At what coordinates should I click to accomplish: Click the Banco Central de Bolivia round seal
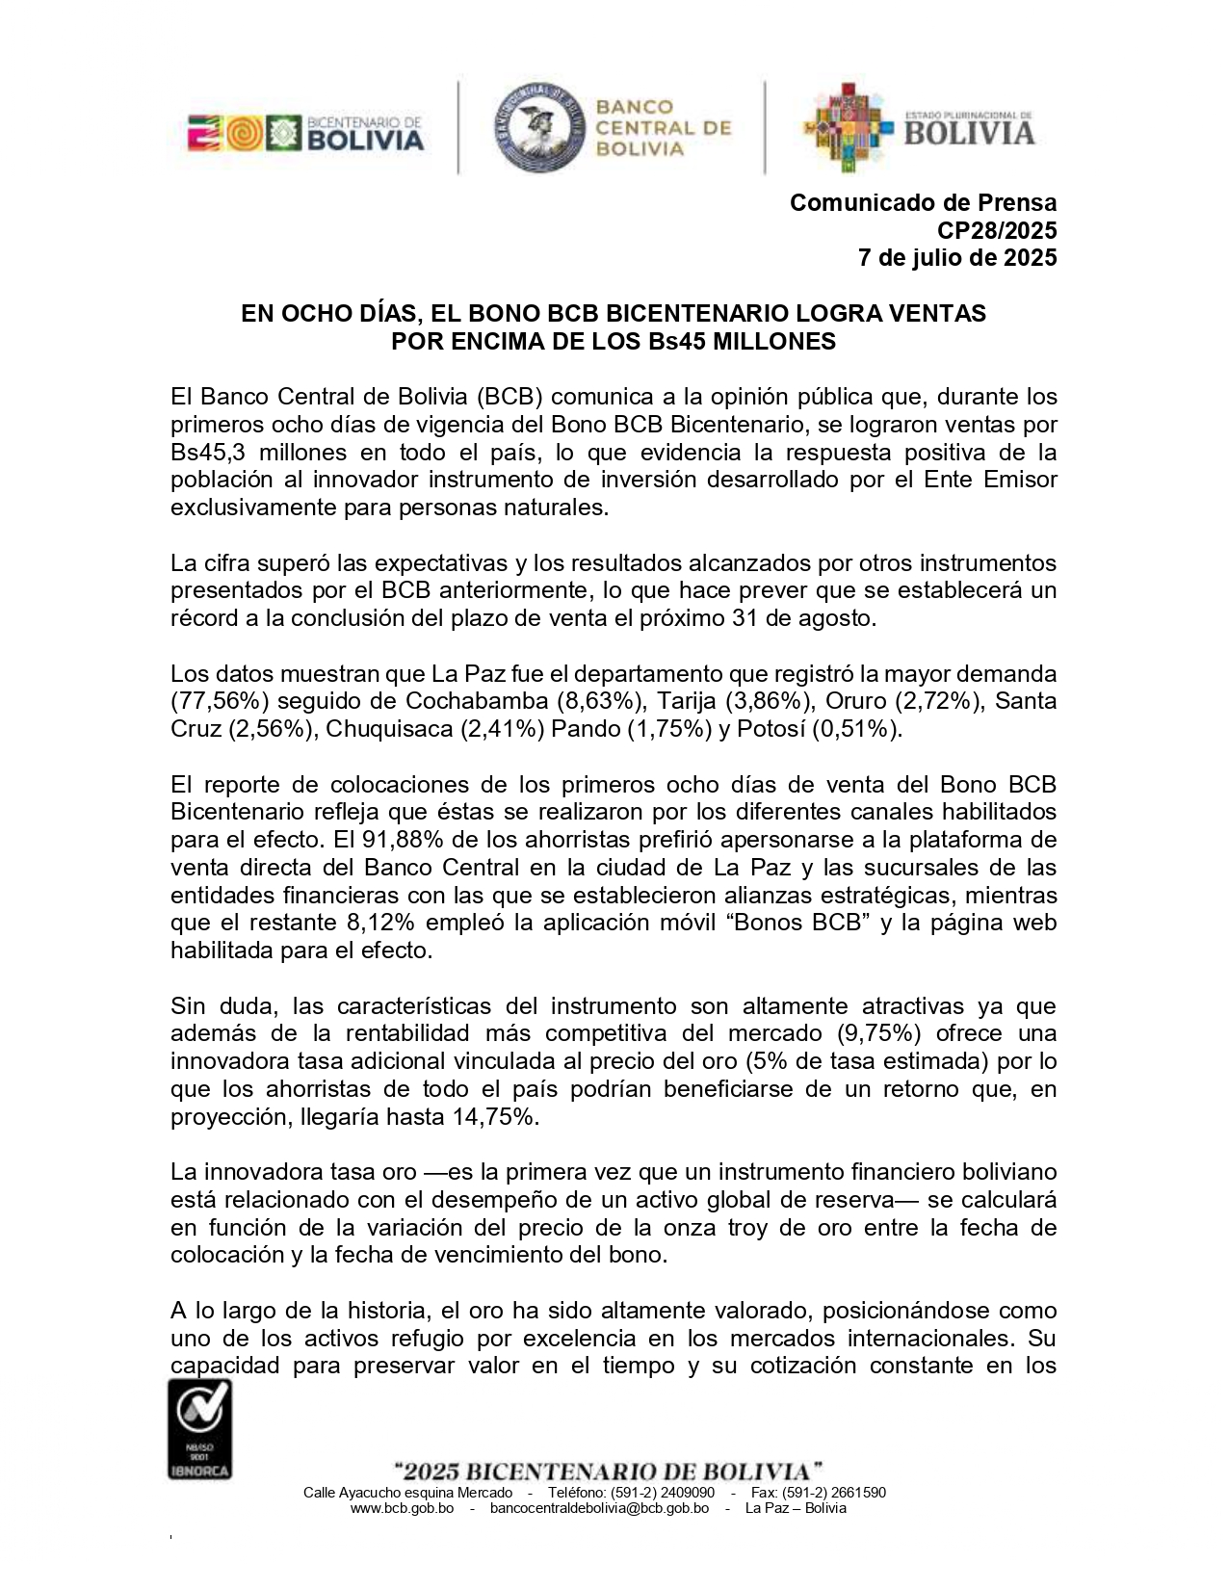click(538, 126)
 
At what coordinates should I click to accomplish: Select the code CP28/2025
click(997, 231)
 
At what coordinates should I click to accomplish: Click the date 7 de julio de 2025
click(957, 258)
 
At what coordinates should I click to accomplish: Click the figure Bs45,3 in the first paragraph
click(204, 453)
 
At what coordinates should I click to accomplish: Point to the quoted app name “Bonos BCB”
click(796, 923)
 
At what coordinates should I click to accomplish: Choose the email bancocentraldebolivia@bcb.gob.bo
click(599, 1508)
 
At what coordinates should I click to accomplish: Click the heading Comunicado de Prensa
click(923, 203)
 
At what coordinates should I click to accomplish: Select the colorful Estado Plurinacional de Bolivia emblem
click(848, 126)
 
